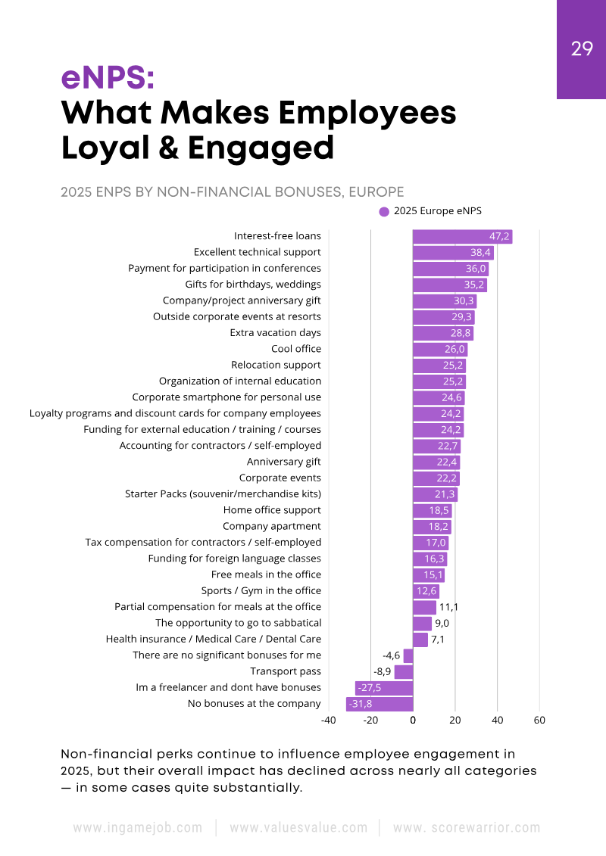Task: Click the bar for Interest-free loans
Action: click(462, 237)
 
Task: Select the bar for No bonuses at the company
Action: click(380, 704)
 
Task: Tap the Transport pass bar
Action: click(404, 671)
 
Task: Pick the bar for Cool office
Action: click(440, 349)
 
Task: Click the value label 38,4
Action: click(481, 253)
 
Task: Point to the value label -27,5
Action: click(369, 688)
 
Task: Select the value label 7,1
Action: click(438, 640)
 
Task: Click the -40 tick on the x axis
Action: click(328, 721)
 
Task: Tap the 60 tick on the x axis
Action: click(539, 721)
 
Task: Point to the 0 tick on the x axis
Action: click(413, 721)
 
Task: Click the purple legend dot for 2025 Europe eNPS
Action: click(384, 212)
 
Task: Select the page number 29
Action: click(582, 49)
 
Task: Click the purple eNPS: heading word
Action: click(108, 78)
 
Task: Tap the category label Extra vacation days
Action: click(275, 333)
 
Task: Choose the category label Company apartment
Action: click(271, 526)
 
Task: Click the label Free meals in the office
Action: click(266, 574)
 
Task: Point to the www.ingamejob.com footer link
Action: click(138, 828)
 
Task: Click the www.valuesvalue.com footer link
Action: click(298, 828)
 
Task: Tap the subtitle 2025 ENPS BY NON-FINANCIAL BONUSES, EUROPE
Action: click(232, 191)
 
